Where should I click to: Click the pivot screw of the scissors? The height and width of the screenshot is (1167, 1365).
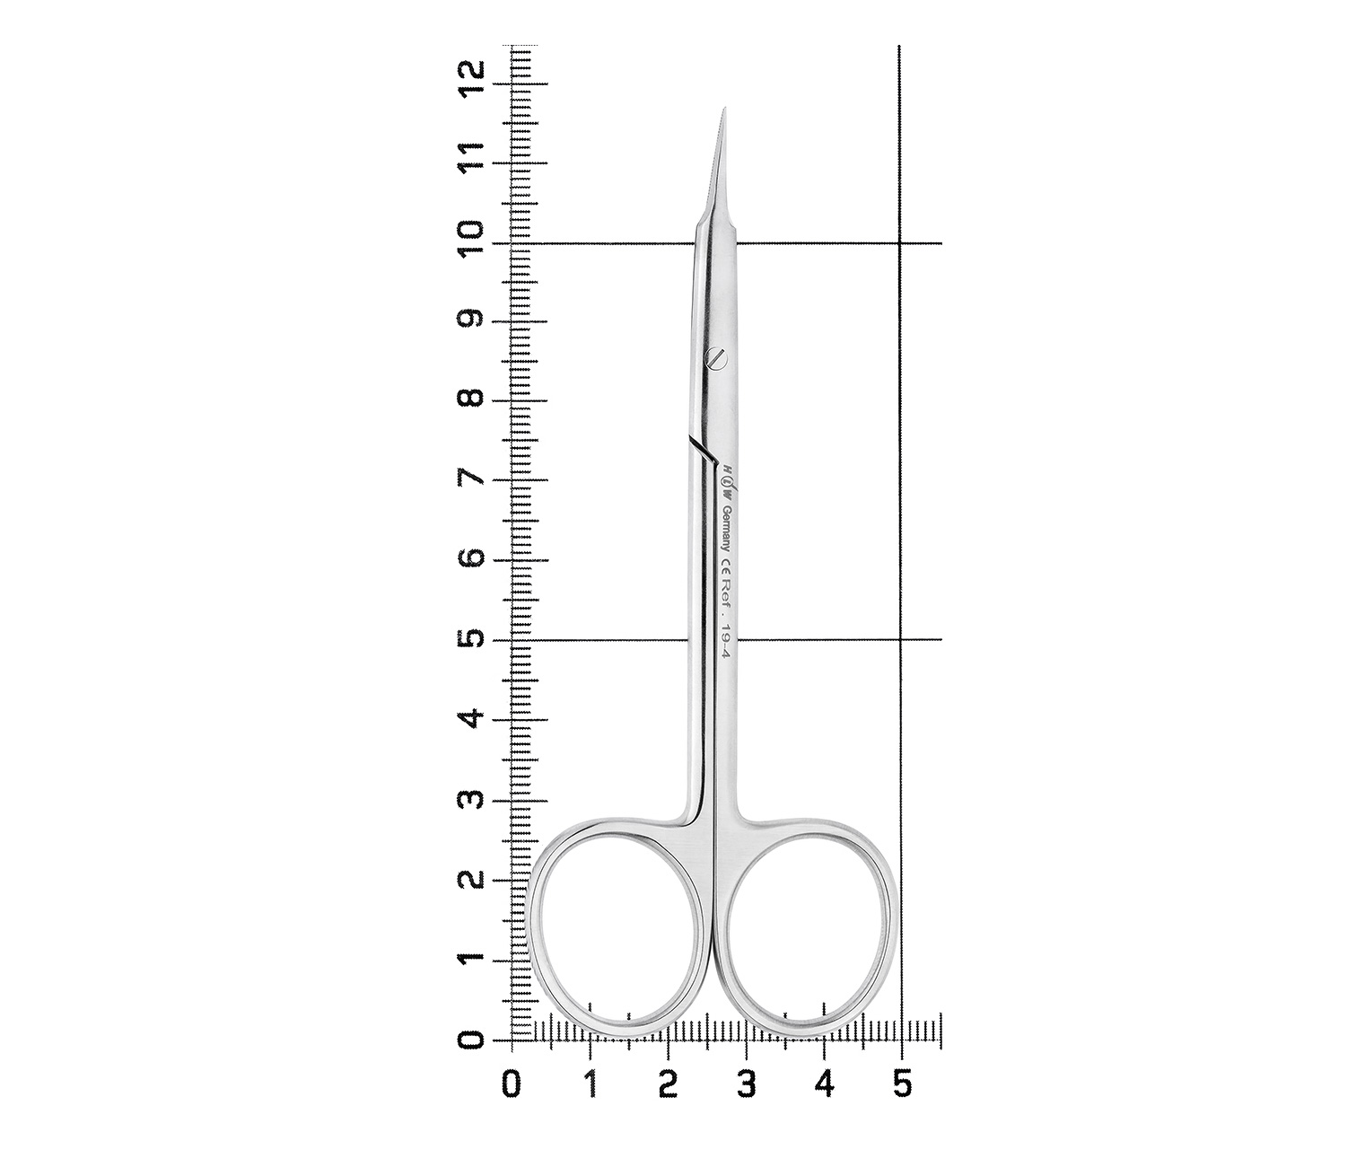716,357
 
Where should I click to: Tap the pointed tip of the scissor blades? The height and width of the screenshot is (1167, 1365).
726,108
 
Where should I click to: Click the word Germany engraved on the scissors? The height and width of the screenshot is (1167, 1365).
725,530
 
